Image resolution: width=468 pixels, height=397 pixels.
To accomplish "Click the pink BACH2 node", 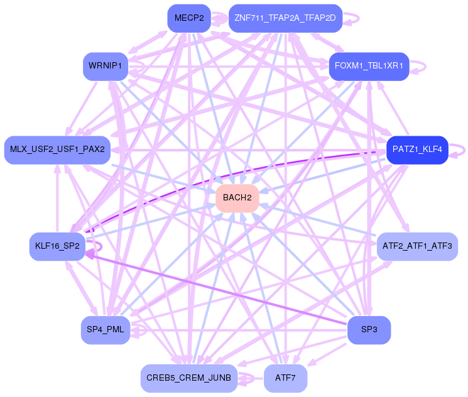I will [237, 197].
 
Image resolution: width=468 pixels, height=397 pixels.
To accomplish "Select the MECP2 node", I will [189, 18].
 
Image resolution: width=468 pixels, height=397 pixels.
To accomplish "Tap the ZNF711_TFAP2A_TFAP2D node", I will [285, 18].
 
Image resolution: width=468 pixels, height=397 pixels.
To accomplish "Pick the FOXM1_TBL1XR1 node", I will [369, 66].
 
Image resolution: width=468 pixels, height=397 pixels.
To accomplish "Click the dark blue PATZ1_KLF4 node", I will [417, 150].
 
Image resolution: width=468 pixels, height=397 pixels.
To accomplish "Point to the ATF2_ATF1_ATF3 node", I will [417, 246].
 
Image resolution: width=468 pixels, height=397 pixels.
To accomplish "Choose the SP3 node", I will [369, 330].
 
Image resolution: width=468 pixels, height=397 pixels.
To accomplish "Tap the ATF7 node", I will [285, 378].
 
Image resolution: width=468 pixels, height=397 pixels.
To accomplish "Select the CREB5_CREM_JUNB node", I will [188, 378].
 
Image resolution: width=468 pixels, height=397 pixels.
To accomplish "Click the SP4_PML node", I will [106, 330].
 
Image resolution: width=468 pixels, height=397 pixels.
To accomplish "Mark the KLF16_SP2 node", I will [57, 246].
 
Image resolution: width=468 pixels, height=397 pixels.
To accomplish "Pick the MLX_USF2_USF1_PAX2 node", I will [57, 150].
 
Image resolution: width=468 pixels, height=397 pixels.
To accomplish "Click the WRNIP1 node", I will [106, 66].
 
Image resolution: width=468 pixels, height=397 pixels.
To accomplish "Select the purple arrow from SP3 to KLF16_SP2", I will [220, 288].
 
